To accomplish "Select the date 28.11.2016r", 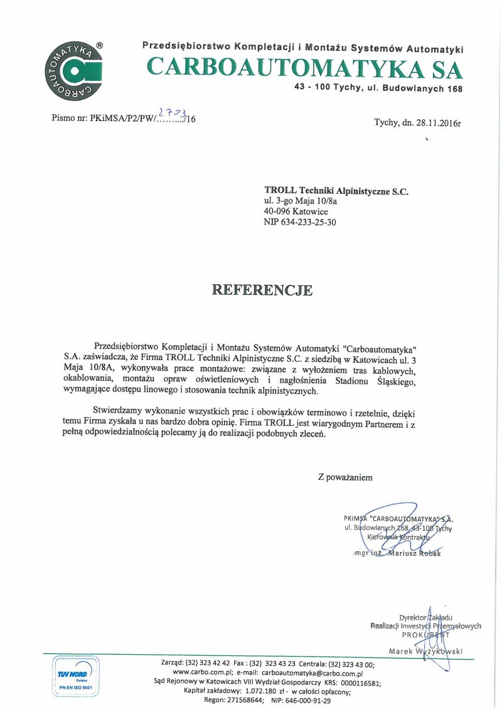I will tap(437, 122).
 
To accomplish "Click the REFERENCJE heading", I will tap(262, 290).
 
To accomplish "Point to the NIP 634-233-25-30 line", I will tap(300, 222).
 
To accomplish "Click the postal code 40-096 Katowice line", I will tap(296, 211).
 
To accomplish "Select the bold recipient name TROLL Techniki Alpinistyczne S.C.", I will tap(336, 191).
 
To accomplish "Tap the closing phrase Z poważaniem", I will tap(345, 477).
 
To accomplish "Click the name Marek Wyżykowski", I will tap(425, 652).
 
